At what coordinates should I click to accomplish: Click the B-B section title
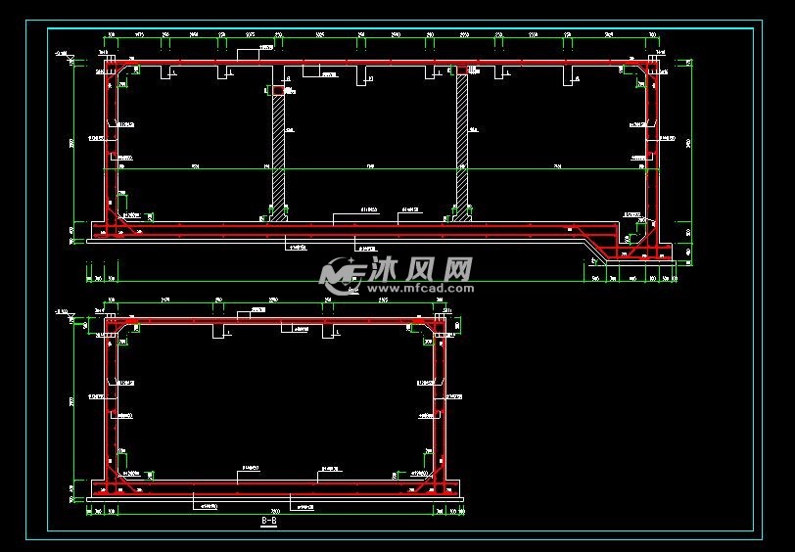coord(269,523)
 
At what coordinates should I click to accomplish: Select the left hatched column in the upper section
coord(278,147)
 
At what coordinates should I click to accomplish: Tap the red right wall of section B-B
coord(440,401)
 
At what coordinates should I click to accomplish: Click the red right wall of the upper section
coord(651,147)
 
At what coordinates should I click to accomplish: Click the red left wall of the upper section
coord(109,147)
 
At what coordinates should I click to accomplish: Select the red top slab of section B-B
coord(274,320)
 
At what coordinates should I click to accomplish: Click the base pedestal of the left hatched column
coord(278,209)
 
